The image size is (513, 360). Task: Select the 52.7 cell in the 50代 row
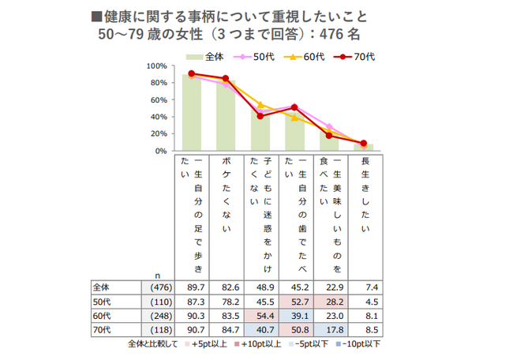294,301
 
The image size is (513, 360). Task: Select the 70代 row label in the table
102,330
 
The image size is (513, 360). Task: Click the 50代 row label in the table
102,301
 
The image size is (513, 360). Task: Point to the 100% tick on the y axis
155,66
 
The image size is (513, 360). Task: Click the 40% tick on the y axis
157,117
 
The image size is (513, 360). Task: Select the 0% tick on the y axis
159,150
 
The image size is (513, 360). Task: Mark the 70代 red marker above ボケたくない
226,79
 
